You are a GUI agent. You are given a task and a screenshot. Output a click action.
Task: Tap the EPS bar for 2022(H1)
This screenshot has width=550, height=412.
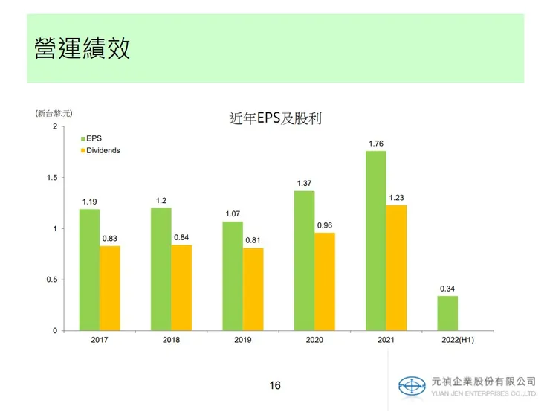447,313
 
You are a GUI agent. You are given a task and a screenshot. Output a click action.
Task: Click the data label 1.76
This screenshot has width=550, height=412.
376,144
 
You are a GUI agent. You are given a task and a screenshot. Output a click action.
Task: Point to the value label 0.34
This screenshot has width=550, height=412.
447,289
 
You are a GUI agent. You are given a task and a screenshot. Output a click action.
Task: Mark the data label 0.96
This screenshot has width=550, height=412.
325,225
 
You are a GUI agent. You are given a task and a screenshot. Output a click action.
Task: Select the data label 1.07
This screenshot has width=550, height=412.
232,214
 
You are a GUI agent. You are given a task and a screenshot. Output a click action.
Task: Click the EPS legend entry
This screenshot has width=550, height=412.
94,138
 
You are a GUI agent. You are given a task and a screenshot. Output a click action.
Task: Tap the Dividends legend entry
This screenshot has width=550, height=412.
103,150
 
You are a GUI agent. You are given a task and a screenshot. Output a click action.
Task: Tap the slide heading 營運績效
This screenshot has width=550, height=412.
82,48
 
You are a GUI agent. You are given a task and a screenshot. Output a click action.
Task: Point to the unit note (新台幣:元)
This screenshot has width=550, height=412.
54,113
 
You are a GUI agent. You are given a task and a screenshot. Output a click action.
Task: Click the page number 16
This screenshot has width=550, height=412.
275,385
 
